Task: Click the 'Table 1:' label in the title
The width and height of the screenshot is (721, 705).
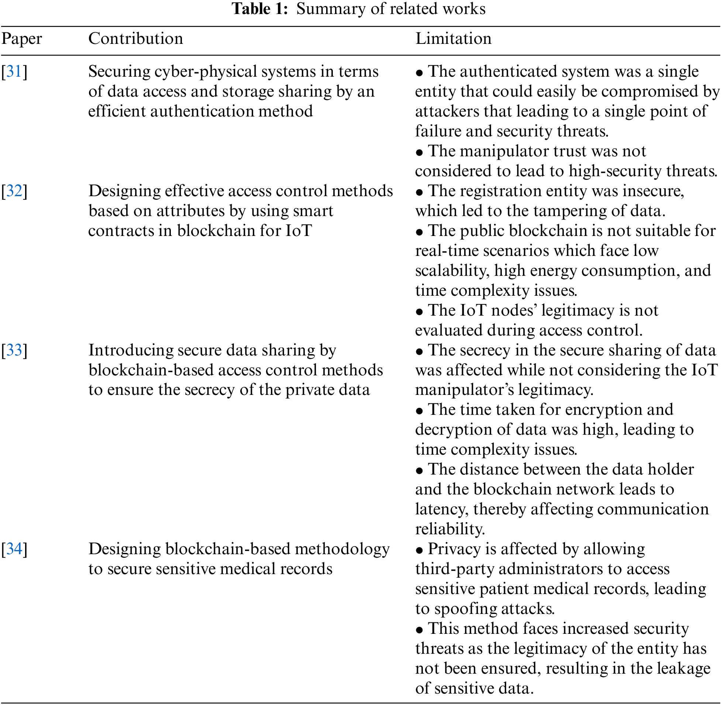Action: coord(260,9)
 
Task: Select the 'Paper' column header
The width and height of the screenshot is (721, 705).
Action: coord(21,39)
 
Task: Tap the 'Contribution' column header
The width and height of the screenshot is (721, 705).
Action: coord(136,38)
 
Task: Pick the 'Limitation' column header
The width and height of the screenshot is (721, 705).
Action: coord(453,38)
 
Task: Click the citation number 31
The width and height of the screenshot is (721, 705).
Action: coord(14,71)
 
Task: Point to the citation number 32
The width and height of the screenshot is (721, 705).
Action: coord(14,191)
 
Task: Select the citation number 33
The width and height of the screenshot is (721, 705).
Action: coord(14,350)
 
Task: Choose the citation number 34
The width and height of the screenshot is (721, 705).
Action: coord(14,549)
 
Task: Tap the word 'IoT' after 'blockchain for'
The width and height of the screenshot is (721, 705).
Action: coord(299,231)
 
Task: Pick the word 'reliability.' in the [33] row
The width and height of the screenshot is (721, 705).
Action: coord(450,529)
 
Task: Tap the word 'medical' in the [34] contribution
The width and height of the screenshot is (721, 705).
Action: coord(248,569)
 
